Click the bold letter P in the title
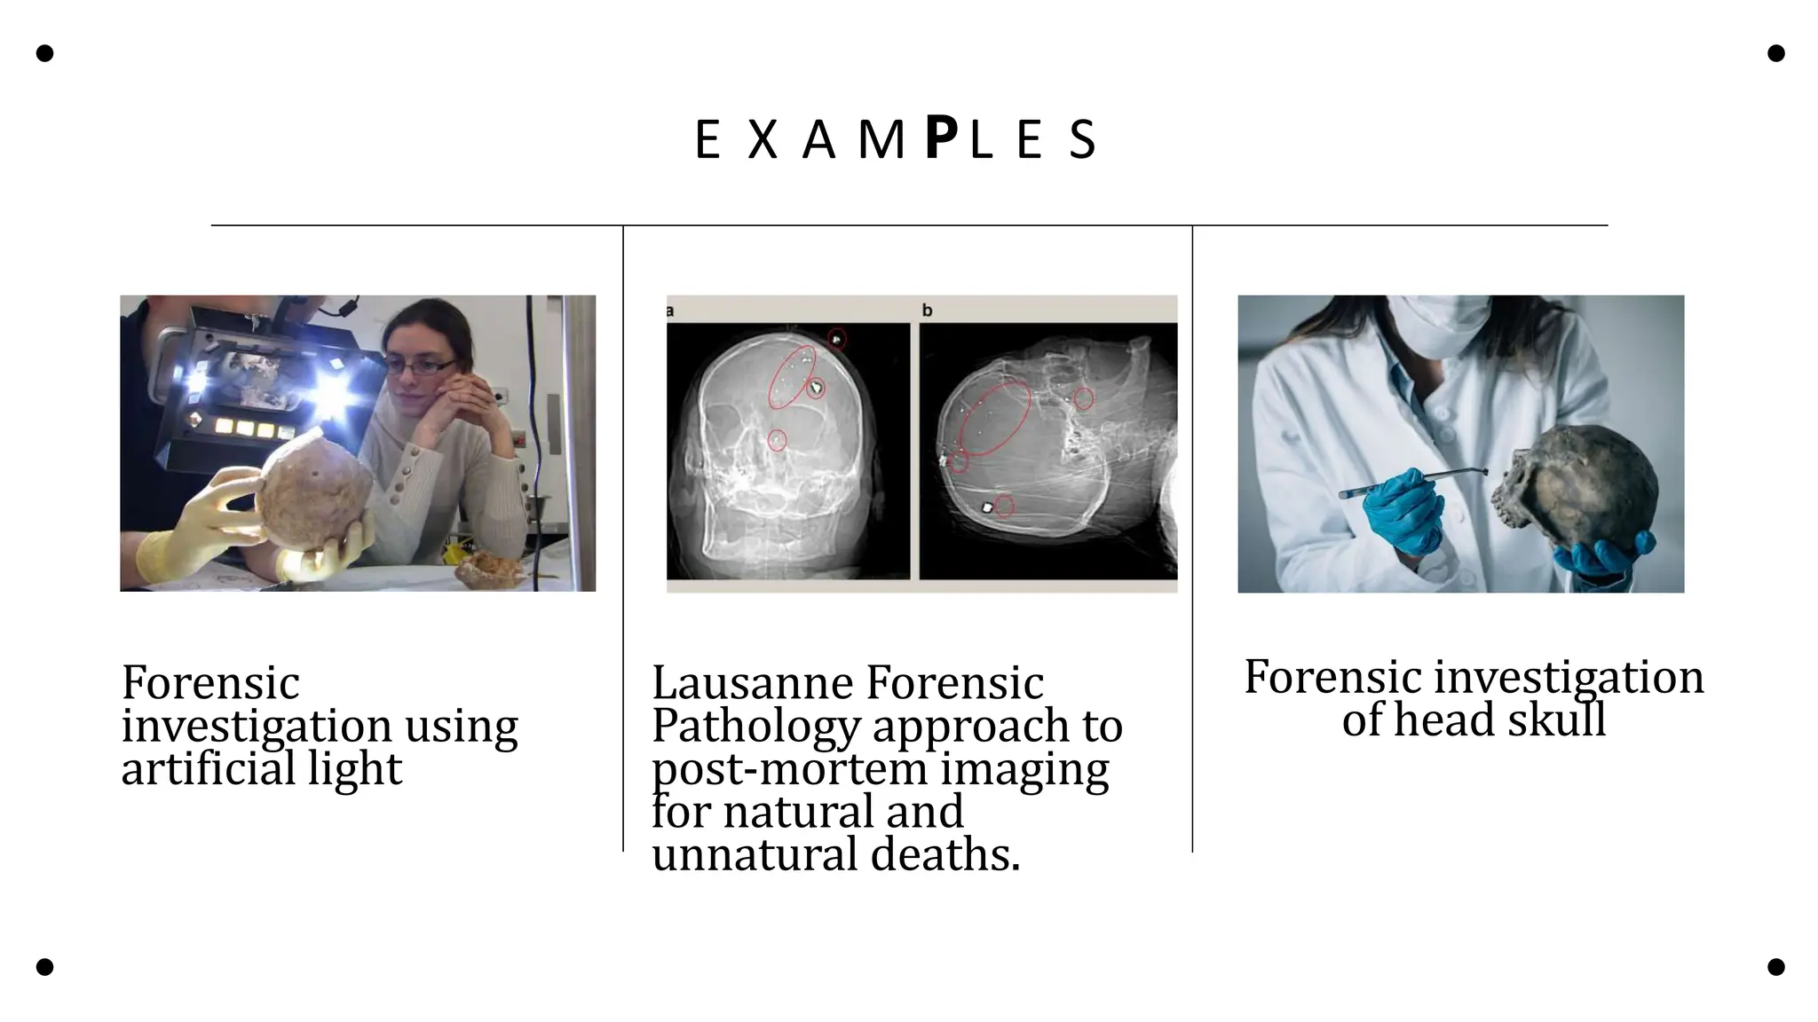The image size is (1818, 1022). click(941, 139)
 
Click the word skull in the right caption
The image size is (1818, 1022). click(1555, 719)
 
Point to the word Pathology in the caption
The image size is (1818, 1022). click(755, 726)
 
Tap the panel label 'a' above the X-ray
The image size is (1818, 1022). click(670, 311)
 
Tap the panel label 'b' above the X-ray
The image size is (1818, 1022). click(927, 311)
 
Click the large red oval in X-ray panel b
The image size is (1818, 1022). click(993, 419)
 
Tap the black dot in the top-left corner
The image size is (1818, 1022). click(44, 53)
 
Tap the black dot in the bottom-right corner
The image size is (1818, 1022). click(1775, 966)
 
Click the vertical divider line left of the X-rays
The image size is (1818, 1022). click(623, 532)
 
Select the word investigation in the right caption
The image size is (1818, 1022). click(1569, 677)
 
